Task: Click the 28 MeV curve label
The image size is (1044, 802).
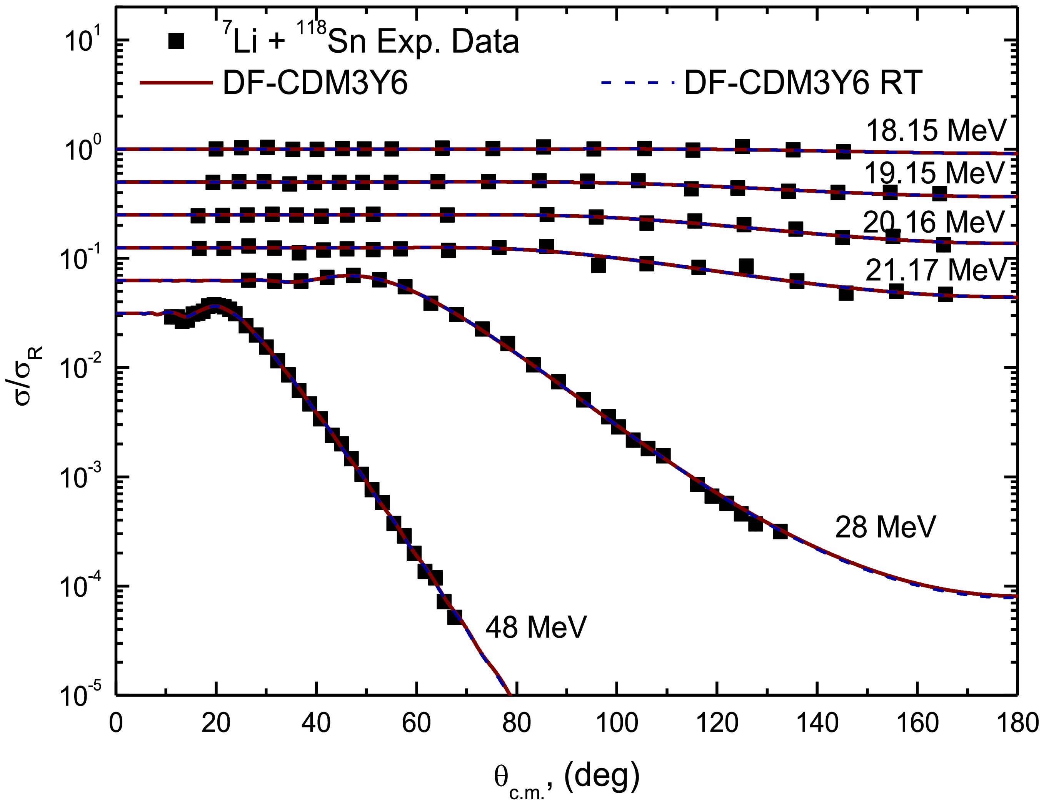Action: [x=885, y=527]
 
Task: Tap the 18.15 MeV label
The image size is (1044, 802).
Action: [x=936, y=130]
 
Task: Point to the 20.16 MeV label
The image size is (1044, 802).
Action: [x=934, y=222]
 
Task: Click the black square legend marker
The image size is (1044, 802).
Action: [x=176, y=42]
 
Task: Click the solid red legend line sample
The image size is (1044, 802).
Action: [x=176, y=83]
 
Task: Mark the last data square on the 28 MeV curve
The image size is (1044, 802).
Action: [x=780, y=531]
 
